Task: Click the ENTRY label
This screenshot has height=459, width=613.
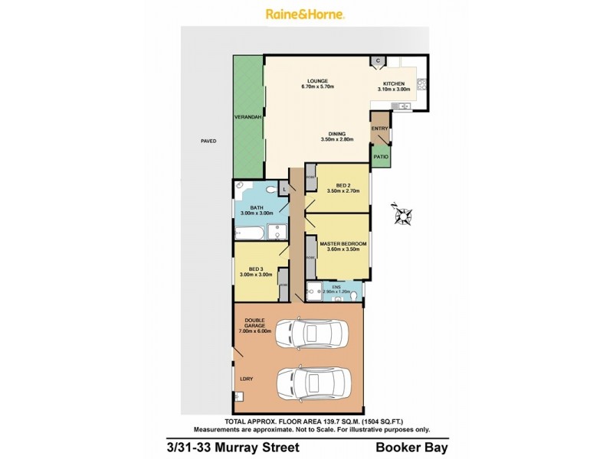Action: pyautogui.click(x=379, y=129)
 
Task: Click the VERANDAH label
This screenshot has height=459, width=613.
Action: pyautogui.click(x=249, y=117)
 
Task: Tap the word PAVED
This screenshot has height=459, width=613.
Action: pyautogui.click(x=208, y=141)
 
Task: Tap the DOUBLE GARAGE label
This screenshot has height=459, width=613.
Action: pyautogui.click(x=254, y=324)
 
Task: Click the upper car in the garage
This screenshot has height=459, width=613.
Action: pyautogui.click(x=311, y=334)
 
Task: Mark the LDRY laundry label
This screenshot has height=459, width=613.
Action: pyautogui.click(x=246, y=379)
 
